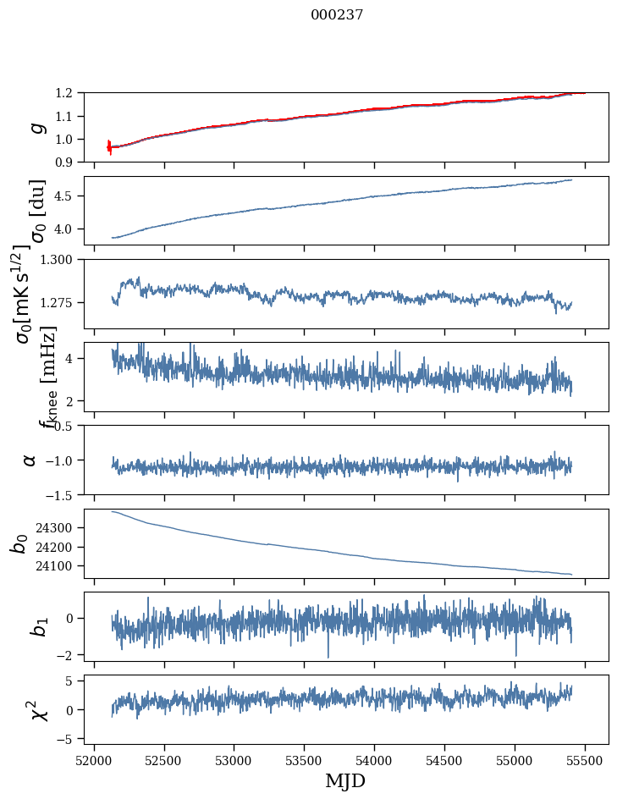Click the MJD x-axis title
[x=345, y=780]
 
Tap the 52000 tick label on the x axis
[x=94, y=759]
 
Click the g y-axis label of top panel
[x=36, y=128]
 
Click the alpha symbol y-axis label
[x=30, y=460]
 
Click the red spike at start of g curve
[x=109, y=147]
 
